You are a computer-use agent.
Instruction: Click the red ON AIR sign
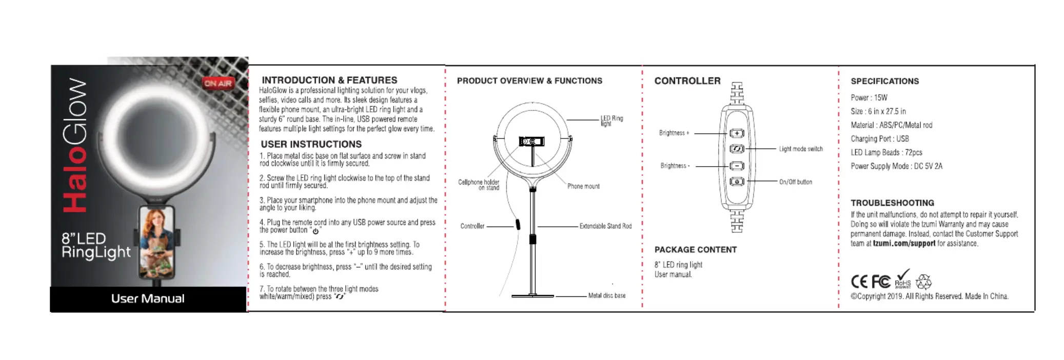218,83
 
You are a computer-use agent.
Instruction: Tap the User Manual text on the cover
148,298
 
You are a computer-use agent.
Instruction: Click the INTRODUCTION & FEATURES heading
329,80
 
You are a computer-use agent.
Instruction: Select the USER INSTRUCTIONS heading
311,144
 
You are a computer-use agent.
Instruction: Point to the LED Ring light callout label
612,121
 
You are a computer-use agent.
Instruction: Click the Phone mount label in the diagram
583,186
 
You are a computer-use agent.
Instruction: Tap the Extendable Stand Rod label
605,226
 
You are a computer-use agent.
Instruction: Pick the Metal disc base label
606,295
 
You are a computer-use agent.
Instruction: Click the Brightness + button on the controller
737,133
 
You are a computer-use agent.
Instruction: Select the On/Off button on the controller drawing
737,182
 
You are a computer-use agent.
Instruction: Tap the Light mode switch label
800,149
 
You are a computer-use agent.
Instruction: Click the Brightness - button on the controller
737,166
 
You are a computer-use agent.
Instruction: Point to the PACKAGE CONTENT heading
695,250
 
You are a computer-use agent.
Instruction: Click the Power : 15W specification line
869,97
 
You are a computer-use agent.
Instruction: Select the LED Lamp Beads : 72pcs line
886,152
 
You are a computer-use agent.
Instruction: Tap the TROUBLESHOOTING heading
892,203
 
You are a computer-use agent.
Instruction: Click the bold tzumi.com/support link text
904,244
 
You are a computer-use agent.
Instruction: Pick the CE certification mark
859,282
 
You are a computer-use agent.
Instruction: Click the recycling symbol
923,282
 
